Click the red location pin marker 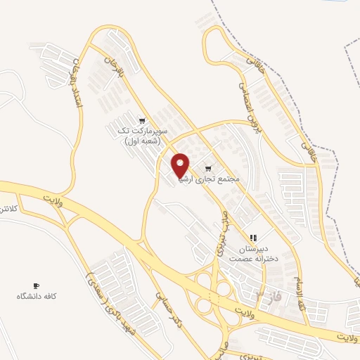[181, 165]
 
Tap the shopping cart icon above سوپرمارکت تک [143, 120]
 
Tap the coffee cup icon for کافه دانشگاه [37, 285]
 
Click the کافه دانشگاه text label [37, 297]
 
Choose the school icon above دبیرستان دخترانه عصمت [253, 238]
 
